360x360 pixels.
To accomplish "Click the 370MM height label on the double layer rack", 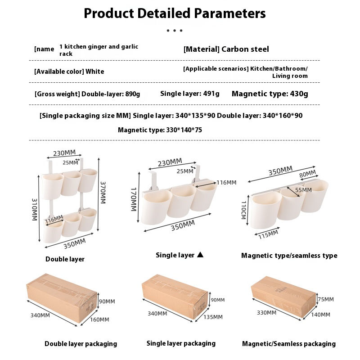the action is point(103,193).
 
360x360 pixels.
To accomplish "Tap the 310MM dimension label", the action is point(35,209).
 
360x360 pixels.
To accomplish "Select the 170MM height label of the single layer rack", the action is point(134,199).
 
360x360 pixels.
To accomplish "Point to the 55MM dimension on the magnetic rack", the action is point(303,190).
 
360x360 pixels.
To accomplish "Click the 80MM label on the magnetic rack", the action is point(308,174).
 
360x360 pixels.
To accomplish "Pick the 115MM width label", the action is point(268,234).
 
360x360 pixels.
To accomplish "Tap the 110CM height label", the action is point(244,210).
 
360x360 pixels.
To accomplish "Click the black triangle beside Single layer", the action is point(200,254).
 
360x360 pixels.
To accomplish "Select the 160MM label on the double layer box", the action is point(99,319).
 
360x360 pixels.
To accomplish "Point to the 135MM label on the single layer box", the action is point(213,317).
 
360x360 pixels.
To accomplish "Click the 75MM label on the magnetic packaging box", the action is point(326,299).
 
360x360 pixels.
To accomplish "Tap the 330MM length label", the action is point(266,312).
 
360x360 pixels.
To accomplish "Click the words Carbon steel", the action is point(245,49).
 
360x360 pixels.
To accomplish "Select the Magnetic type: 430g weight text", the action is point(270,94).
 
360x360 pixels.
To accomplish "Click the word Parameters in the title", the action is point(230,13).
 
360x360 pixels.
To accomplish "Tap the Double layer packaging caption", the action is point(81,344).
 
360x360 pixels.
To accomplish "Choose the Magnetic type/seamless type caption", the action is point(289,256).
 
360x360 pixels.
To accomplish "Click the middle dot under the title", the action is point(175,31).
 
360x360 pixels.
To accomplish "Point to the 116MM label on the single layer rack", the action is point(226,183).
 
